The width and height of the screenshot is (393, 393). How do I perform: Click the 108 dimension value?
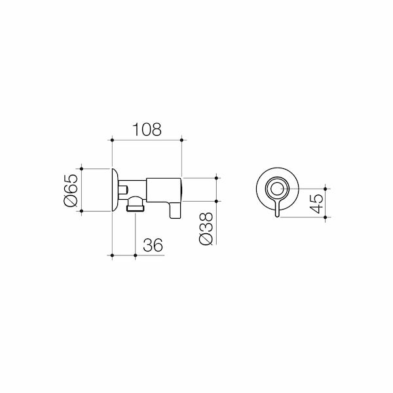(147, 129)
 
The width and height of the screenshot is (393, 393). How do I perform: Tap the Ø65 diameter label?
(70, 189)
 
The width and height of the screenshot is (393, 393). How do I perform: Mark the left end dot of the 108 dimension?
(113, 139)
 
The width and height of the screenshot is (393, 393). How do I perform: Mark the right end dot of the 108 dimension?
(182, 139)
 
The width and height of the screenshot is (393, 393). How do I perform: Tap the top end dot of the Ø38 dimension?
(215, 177)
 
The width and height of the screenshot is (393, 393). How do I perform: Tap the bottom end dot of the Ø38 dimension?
(215, 201)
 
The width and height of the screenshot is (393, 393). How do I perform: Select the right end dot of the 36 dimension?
(136, 254)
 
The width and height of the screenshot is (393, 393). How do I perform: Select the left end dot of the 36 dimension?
(113, 254)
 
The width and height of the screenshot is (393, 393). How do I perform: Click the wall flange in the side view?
(115, 189)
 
